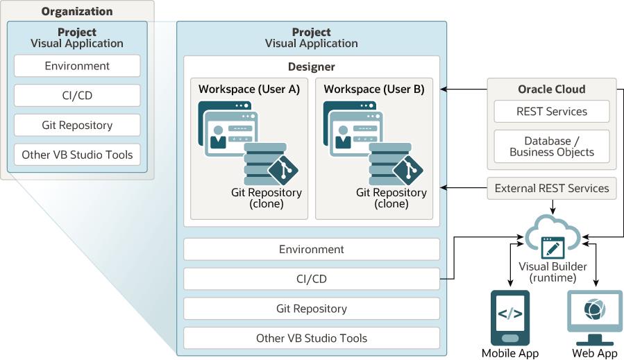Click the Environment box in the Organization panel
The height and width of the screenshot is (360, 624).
tap(77, 67)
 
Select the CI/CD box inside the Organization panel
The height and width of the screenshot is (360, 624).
tap(77, 96)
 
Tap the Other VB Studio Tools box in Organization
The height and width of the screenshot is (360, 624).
tap(77, 155)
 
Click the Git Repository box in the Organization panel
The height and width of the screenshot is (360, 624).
tap(77, 126)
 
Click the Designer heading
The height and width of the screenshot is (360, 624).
tap(311, 67)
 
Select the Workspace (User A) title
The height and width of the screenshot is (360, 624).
tap(248, 89)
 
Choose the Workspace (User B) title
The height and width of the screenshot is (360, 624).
tap(373, 89)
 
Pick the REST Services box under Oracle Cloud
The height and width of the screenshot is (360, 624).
tap(552, 112)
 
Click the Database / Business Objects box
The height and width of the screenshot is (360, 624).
tap(552, 146)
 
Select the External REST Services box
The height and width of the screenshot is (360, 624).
tap(552, 188)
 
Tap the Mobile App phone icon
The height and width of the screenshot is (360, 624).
tap(510, 318)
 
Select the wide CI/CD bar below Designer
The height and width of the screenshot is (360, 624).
tap(312, 279)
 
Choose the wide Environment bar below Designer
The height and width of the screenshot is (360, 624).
tap(312, 249)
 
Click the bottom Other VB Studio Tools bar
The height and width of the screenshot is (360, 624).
tap(312, 338)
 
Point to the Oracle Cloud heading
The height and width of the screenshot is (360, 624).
tap(552, 89)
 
